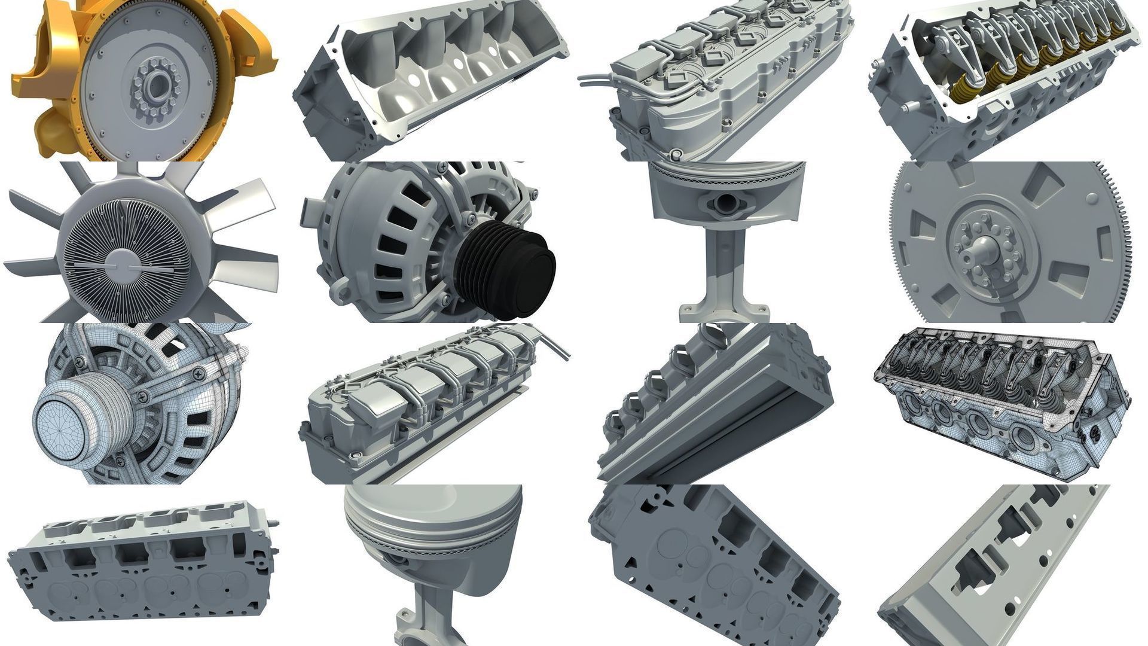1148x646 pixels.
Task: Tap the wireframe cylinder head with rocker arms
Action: pos(1002,401)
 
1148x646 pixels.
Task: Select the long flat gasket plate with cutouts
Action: pos(993,568)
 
